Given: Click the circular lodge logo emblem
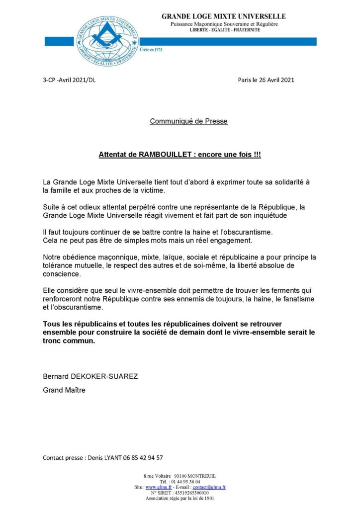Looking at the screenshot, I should pyautogui.click(x=107, y=41).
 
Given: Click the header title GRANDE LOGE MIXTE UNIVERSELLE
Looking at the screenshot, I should pyautogui.click(x=223, y=16).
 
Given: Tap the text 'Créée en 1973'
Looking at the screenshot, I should pyautogui.click(x=151, y=50).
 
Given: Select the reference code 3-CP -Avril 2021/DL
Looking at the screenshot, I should pyautogui.click(x=69, y=80).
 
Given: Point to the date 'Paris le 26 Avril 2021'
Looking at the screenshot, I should pyautogui.click(x=266, y=80).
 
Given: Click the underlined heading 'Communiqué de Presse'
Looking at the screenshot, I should pyautogui.click(x=188, y=121).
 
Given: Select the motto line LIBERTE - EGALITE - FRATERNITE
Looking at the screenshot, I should pyautogui.click(x=224, y=30).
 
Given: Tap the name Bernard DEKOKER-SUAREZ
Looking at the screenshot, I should pyautogui.click(x=90, y=376).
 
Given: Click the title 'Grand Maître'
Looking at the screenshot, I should pyautogui.click(x=64, y=390).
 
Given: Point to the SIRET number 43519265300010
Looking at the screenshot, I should pyautogui.click(x=191, y=493).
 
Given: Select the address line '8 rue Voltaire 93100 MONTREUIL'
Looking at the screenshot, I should pyautogui.click(x=180, y=476).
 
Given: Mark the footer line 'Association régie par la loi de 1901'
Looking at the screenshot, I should pyautogui.click(x=180, y=498).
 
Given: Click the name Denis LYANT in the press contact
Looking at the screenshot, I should pyautogui.click(x=105, y=458).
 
